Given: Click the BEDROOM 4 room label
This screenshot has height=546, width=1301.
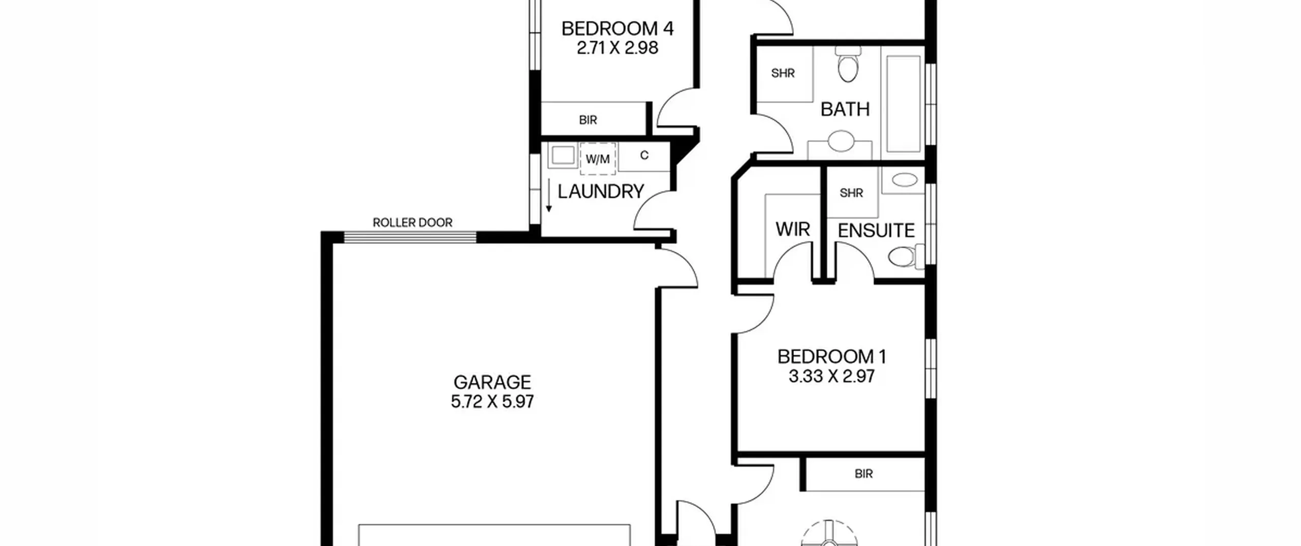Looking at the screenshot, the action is point(617,28).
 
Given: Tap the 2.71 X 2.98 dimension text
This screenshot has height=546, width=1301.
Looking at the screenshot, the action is point(617,48).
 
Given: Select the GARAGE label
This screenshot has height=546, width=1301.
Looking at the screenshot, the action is point(492,382).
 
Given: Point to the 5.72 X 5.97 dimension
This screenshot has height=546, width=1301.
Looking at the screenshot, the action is point(492,402).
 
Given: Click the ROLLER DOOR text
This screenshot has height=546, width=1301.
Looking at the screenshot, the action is point(413,222).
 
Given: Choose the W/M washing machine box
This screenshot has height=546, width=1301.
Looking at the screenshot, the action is point(598,159).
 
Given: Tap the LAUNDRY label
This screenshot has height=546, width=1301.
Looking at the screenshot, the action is point(601,191).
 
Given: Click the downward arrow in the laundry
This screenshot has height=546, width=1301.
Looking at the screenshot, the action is point(549,196).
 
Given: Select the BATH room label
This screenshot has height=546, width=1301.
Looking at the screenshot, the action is point(845,109).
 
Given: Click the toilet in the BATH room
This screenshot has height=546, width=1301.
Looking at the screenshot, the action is point(848,64).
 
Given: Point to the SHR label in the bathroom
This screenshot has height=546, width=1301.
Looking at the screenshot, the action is point(783,73).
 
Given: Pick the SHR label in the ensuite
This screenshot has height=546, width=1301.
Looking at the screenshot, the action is point(851,193).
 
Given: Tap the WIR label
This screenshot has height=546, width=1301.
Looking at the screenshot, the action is point(793,230).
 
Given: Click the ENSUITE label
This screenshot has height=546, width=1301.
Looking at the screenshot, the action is point(876,231).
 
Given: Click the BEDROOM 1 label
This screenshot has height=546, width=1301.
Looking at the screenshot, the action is point(832,357).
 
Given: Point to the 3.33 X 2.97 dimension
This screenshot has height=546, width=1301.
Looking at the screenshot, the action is point(832,376).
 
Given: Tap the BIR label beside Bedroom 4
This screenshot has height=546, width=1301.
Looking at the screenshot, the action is point(588,120).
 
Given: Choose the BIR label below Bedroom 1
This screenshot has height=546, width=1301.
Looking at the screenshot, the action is point(864,474).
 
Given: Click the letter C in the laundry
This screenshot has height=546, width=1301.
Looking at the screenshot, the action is point(644,155).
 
